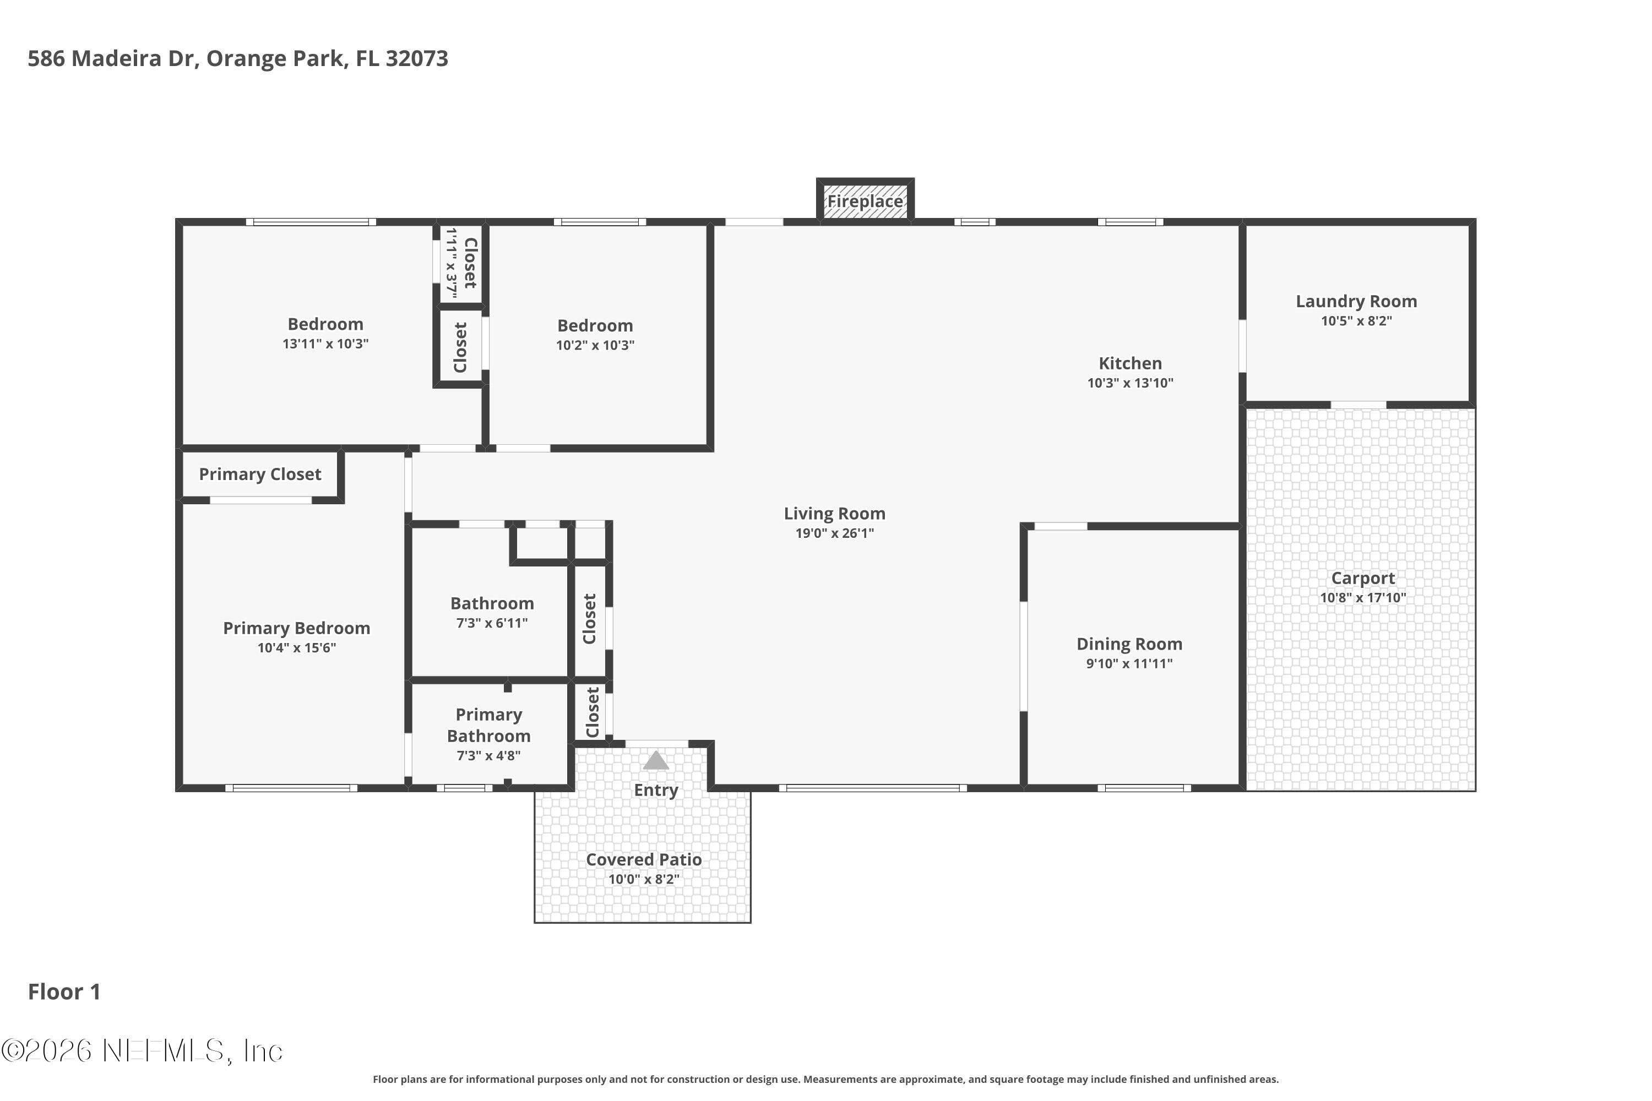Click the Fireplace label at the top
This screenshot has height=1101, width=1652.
pyautogui.click(x=865, y=201)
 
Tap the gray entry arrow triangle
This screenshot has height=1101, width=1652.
pyautogui.click(x=656, y=760)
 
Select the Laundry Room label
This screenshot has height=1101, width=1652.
pyautogui.click(x=1356, y=301)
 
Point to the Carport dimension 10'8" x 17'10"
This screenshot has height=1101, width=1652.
pyautogui.click(x=1362, y=597)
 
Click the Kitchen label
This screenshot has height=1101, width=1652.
pyautogui.click(x=1130, y=363)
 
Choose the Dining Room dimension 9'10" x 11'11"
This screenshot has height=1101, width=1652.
pyautogui.click(x=1129, y=663)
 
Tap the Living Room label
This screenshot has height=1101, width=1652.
pyautogui.click(x=834, y=513)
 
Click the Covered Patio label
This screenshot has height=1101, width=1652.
pyautogui.click(x=644, y=859)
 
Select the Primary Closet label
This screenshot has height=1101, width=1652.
pyautogui.click(x=260, y=475)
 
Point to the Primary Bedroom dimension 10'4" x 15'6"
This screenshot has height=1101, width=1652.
pyautogui.click(x=296, y=647)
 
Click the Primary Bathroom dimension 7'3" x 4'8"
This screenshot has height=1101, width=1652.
pyautogui.click(x=489, y=755)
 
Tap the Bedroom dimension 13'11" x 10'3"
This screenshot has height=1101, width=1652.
pyautogui.click(x=325, y=344)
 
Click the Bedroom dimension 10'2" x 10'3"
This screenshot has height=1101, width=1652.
pyautogui.click(x=595, y=345)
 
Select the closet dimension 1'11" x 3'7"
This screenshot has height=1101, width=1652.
pyautogui.click(x=452, y=263)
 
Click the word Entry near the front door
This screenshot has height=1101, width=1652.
pyautogui.click(x=656, y=790)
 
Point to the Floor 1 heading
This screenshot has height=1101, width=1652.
pyautogui.click(x=64, y=991)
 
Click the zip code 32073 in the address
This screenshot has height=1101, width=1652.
pyautogui.click(x=416, y=58)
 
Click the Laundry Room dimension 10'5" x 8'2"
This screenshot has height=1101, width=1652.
pyautogui.click(x=1356, y=321)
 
